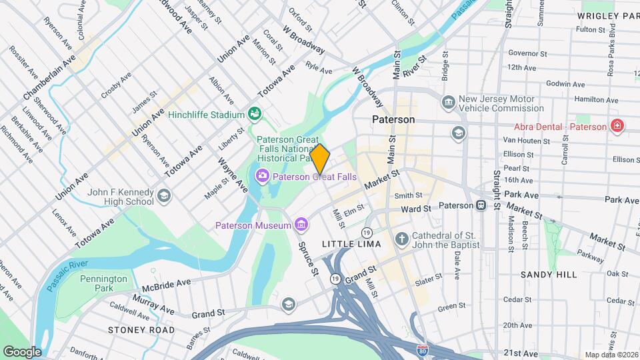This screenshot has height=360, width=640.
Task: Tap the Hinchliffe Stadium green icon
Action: pyautogui.click(x=254, y=114)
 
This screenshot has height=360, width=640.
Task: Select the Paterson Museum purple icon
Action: pyautogui.click(x=302, y=225)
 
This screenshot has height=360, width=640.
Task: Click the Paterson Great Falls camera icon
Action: pyautogui.click(x=263, y=176)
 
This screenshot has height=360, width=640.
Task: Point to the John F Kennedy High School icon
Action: pyautogui.click(x=164, y=196)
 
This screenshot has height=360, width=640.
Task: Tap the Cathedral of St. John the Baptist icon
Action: pyautogui.click(x=401, y=238)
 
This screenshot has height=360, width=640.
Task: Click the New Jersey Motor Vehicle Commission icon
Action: pyautogui.click(x=449, y=102)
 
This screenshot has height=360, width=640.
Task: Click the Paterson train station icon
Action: pyautogui.click(x=481, y=205)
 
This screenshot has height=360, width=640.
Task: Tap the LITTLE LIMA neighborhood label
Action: pyautogui.click(x=351, y=244)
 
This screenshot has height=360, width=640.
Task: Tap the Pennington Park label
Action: pyautogui.click(x=103, y=283)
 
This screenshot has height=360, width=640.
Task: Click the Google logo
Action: pyautogui.click(x=22, y=351)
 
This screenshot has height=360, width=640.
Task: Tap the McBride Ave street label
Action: pyautogui.click(x=167, y=285)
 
